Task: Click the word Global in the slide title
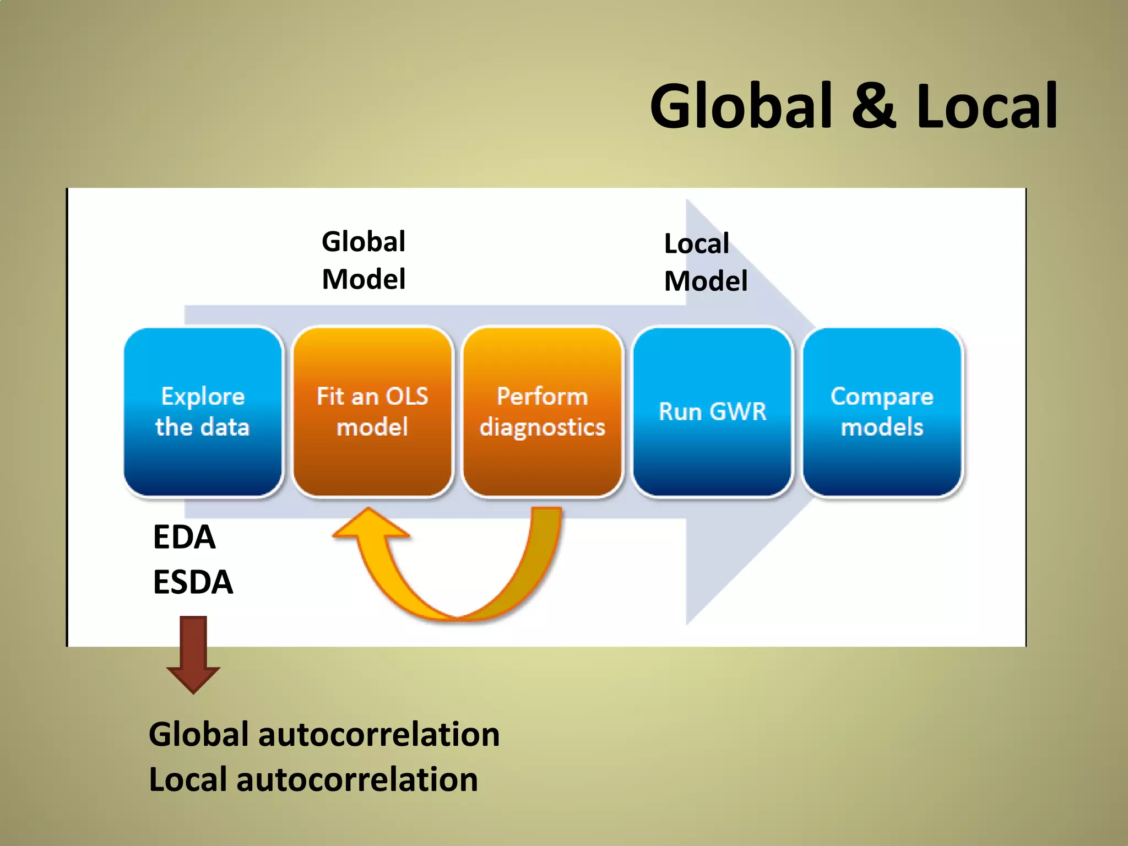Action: click(x=741, y=106)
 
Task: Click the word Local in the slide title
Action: click(x=986, y=106)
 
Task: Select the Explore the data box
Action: click(x=203, y=412)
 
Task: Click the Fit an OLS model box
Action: click(x=373, y=412)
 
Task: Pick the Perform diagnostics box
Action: click(x=543, y=412)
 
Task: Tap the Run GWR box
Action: click(x=713, y=412)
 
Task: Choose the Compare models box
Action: click(x=882, y=412)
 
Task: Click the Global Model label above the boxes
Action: click(x=364, y=260)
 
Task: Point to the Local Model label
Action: click(x=705, y=262)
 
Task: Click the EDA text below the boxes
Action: click(x=184, y=537)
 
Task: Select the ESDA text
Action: click(x=193, y=582)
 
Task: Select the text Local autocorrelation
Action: click(x=313, y=779)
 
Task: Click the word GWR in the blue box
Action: click(x=738, y=412)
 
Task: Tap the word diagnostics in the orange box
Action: click(x=543, y=427)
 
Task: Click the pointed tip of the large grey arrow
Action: click(x=814, y=412)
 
